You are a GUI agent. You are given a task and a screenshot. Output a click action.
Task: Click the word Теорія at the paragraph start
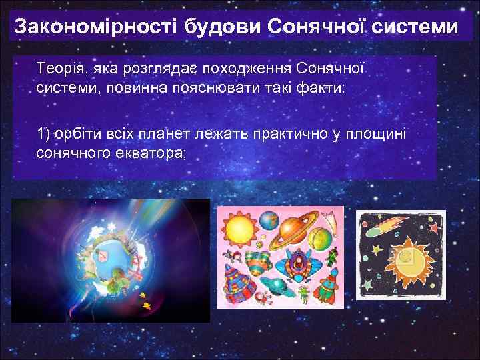pos(58,69)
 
